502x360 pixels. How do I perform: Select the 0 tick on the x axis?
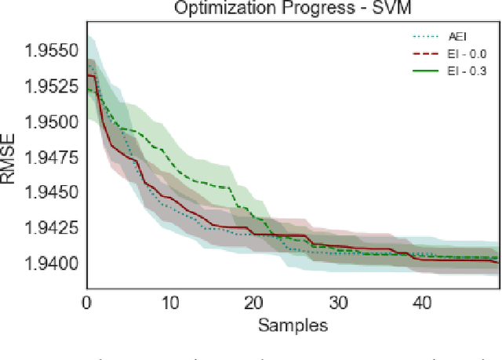click(x=86, y=301)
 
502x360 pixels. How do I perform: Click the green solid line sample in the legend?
click(x=424, y=71)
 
